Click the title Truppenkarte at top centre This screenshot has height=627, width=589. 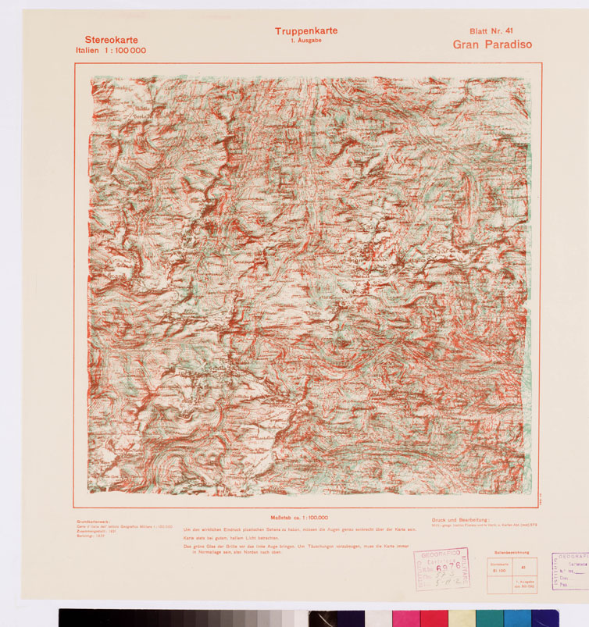tap(305, 31)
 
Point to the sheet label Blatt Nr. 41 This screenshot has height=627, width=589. tap(491, 31)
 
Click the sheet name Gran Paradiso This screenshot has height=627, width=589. tap(492, 45)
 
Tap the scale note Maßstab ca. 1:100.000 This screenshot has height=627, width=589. tap(298, 517)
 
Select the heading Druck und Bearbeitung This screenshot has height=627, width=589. tap(460, 520)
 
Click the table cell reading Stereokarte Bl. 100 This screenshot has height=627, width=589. tap(499, 568)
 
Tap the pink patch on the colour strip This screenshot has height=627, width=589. tap(405, 618)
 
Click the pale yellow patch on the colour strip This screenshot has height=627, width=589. tap(462, 618)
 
